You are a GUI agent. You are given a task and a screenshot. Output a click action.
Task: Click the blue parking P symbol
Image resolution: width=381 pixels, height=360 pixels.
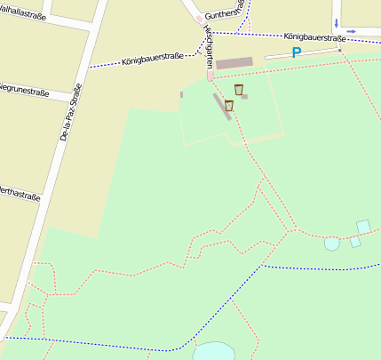click(x=296, y=52)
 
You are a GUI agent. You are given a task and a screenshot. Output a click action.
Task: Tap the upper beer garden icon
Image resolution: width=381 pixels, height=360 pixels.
click(x=239, y=89)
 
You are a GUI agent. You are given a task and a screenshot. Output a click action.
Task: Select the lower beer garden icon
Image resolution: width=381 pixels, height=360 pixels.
click(x=229, y=106)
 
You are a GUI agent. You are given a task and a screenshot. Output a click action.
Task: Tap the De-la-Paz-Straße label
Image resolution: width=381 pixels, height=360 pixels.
click(x=70, y=113)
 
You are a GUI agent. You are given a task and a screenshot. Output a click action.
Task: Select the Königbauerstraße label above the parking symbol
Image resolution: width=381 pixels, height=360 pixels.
click(x=315, y=38)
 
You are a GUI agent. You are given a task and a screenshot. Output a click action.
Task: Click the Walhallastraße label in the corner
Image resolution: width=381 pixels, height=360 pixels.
click(x=21, y=12)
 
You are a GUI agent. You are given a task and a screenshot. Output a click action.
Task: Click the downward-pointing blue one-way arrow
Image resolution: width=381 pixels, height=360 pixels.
click(x=336, y=20)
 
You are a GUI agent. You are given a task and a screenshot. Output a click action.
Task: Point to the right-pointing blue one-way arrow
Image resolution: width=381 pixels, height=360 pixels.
click(x=352, y=31)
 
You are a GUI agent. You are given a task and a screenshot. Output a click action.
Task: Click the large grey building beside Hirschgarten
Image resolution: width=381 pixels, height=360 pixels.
click(x=234, y=63)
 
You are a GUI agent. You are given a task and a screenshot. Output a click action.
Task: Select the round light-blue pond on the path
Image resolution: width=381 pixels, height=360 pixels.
click(x=331, y=243)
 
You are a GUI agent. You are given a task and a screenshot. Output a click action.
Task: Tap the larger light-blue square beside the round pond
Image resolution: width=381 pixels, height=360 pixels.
click(x=362, y=227)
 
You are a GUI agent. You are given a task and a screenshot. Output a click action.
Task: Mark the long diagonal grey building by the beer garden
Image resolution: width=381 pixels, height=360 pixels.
click(x=220, y=107)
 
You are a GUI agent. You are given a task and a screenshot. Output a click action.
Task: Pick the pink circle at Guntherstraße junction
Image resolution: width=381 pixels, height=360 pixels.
click(x=199, y=17)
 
